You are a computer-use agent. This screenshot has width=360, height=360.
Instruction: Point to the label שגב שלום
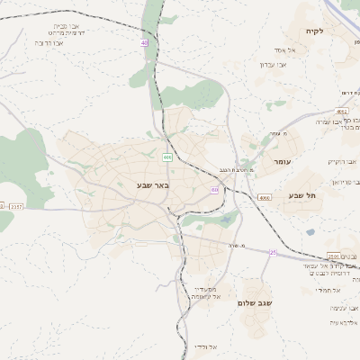pyautogui.click(x=255, y=303)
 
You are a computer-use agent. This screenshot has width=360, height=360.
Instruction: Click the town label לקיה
pyautogui.click(x=339, y=32)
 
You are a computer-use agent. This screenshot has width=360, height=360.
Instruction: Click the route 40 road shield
pyautogui.click(x=144, y=42)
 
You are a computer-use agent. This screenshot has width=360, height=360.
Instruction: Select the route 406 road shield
pyautogui.click(x=167, y=157)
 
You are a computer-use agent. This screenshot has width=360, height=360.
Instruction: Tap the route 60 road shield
pyautogui.click(x=214, y=190)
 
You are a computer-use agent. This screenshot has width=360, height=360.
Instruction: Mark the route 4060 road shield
pyautogui.click(x=263, y=197)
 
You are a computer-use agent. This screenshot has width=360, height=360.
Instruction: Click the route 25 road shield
pyautogui.click(x=273, y=253)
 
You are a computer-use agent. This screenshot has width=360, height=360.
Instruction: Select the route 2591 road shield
pyautogui.click(x=333, y=256)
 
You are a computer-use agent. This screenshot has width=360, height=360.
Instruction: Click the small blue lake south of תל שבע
pyautogui.click(x=310, y=232)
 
